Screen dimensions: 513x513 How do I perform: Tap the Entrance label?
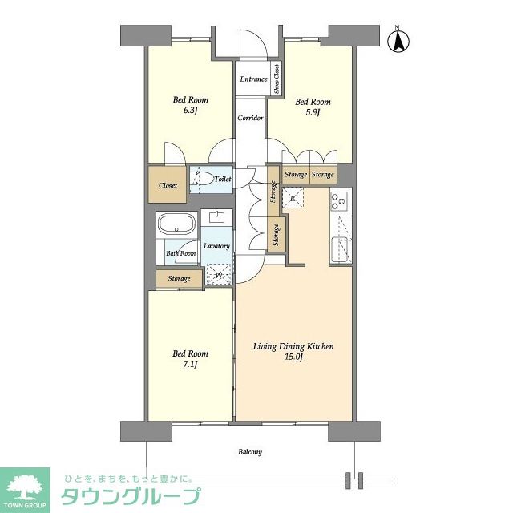252,79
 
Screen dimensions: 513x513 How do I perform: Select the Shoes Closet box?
277,79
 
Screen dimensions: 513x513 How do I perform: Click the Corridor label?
250,118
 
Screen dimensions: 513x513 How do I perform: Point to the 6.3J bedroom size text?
191,112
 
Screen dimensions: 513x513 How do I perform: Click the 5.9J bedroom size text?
313,113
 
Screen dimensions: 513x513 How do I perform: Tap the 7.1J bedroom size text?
191,366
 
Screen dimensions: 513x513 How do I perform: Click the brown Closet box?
168,185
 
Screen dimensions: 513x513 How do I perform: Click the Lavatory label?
216,246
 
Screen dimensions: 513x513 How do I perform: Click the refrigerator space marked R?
294,199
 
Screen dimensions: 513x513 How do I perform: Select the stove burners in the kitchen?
340,200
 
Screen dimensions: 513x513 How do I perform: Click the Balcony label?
249,452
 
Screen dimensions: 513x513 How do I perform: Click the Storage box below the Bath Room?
179,279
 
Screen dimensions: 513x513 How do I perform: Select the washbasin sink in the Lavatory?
216,217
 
